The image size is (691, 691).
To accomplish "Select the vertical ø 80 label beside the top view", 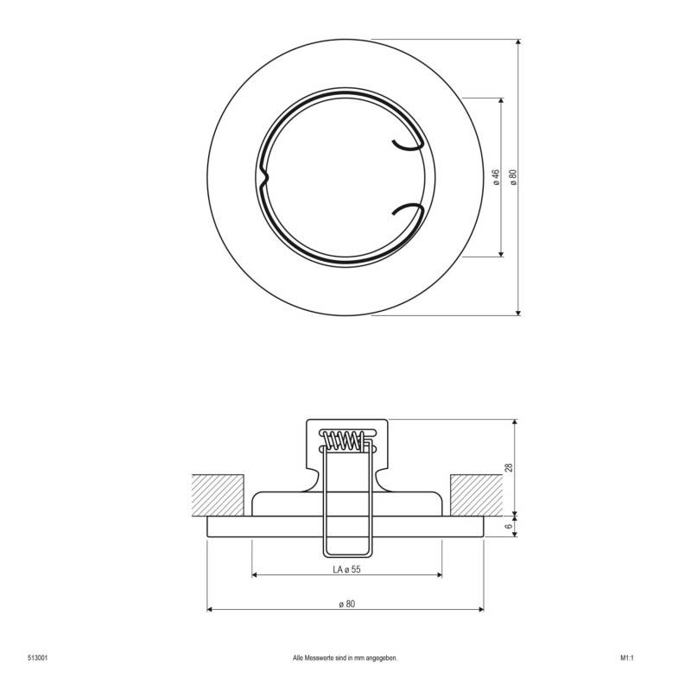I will (x=513, y=176).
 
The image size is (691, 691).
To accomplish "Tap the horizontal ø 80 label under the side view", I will (x=345, y=603).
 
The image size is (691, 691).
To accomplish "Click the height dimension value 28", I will (x=510, y=467).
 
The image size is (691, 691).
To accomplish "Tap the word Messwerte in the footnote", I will (x=319, y=657).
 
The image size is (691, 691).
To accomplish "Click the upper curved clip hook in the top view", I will (x=408, y=146).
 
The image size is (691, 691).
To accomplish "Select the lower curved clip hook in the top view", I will (x=408, y=210).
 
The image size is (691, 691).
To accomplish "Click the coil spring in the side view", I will (x=344, y=441).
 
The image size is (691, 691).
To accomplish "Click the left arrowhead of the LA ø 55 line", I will (x=255, y=574).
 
